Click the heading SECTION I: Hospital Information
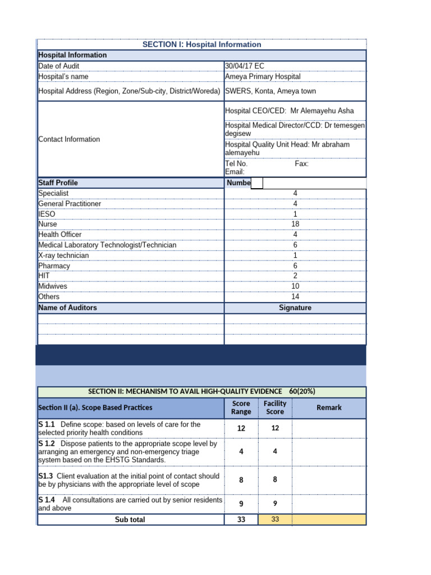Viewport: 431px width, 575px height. [x=201, y=44]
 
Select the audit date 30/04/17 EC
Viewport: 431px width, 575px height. [x=245, y=66]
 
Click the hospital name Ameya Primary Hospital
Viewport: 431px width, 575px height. [x=263, y=76]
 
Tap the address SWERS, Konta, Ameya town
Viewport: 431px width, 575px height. [x=270, y=91]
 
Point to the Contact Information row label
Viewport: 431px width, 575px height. [x=69, y=139]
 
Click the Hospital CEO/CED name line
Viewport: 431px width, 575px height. [x=289, y=111]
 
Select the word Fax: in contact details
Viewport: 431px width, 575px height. [x=301, y=164]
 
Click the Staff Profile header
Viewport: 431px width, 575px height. [x=58, y=183]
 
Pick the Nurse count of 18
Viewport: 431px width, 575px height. [x=295, y=224]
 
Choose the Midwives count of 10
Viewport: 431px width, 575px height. [x=295, y=286]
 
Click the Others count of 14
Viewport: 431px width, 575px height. [x=295, y=296]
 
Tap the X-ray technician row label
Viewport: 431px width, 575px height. [x=63, y=255]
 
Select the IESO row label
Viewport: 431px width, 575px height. [x=47, y=214]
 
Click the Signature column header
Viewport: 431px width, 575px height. [x=295, y=308]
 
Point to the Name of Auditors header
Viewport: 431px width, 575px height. [x=67, y=308]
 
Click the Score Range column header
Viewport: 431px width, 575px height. [x=241, y=408]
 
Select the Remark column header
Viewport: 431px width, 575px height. [x=329, y=408]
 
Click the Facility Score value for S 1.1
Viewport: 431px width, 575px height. [x=275, y=428]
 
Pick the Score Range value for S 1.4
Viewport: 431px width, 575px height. [x=241, y=504]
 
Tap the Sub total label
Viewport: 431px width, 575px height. [x=130, y=520]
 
